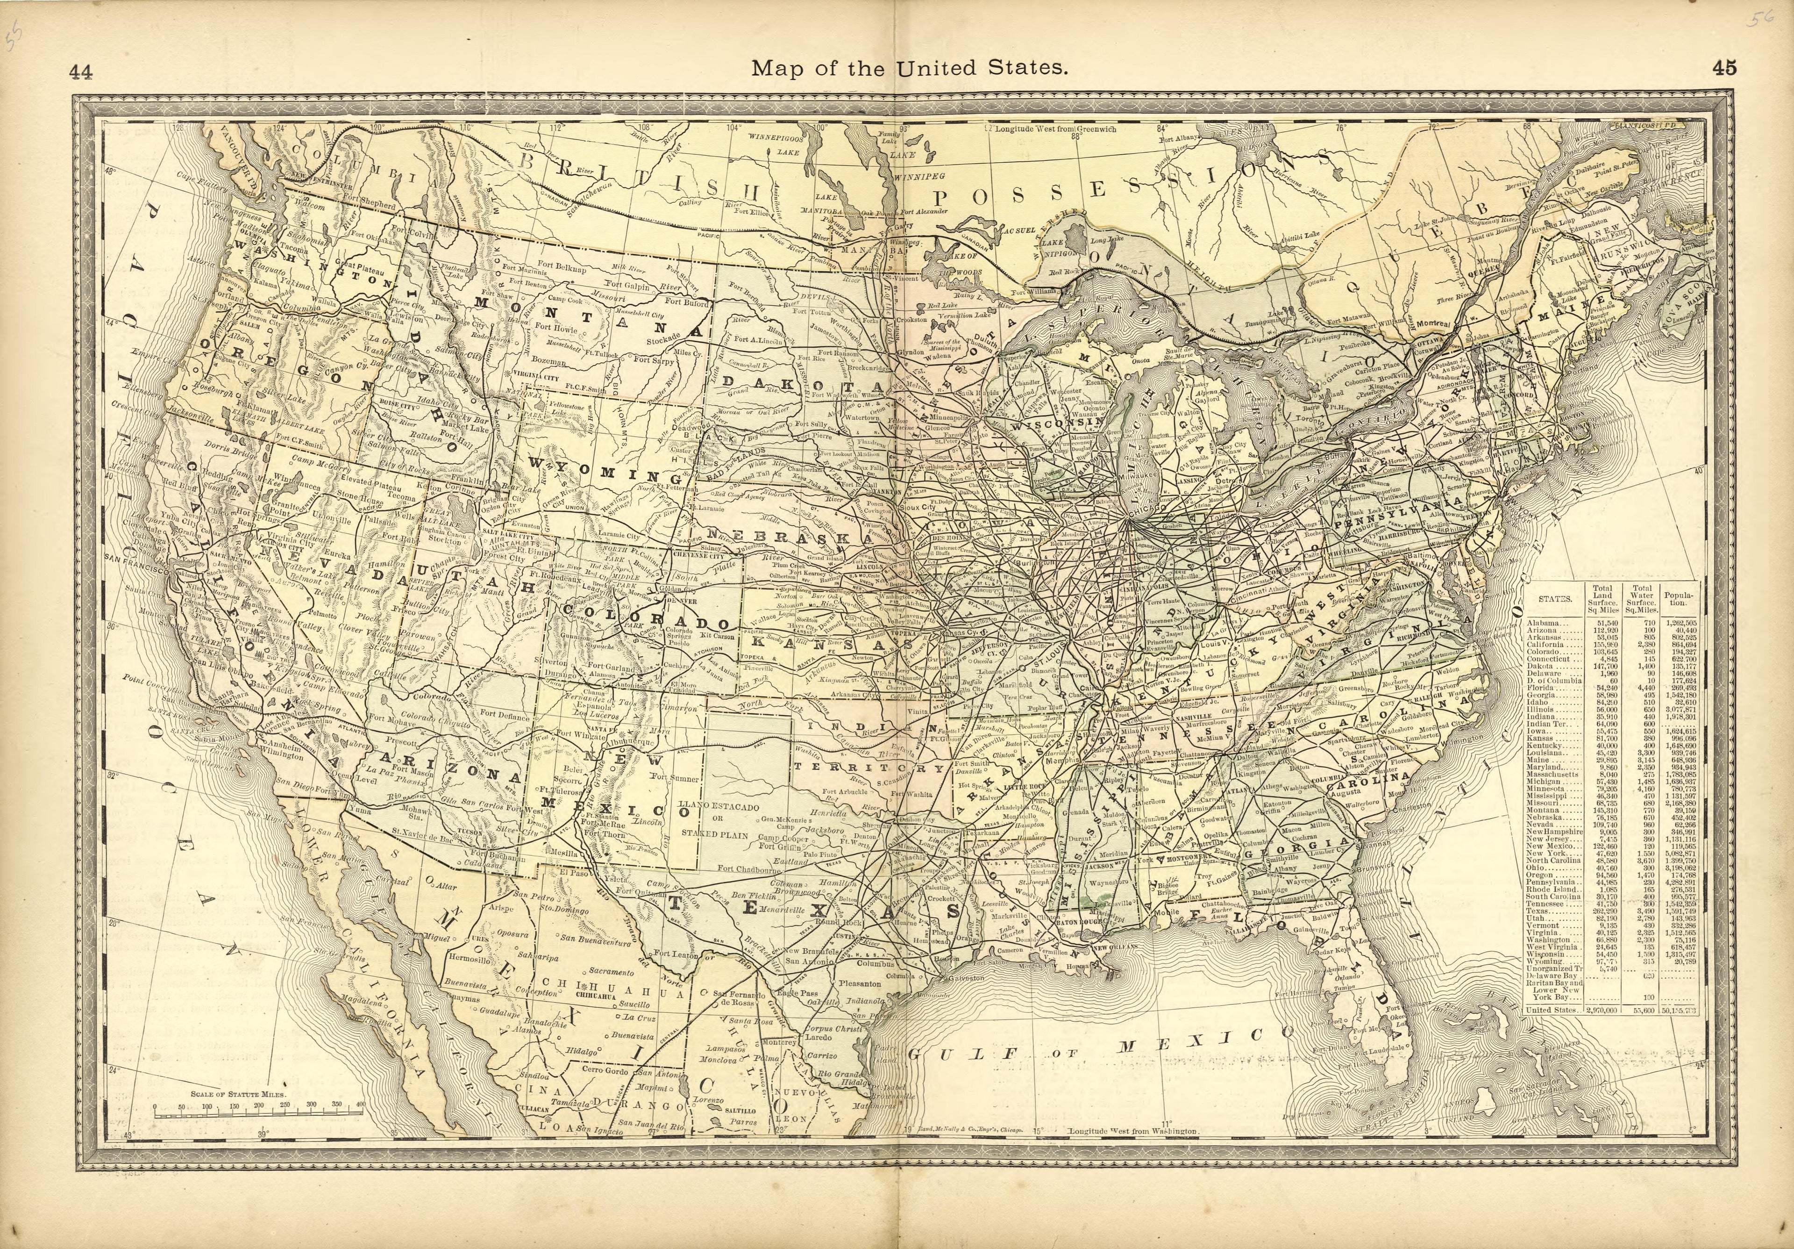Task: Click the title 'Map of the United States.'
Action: tap(910, 69)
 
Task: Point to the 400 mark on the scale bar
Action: tap(360, 1105)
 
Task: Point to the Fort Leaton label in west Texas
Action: tap(674, 955)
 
